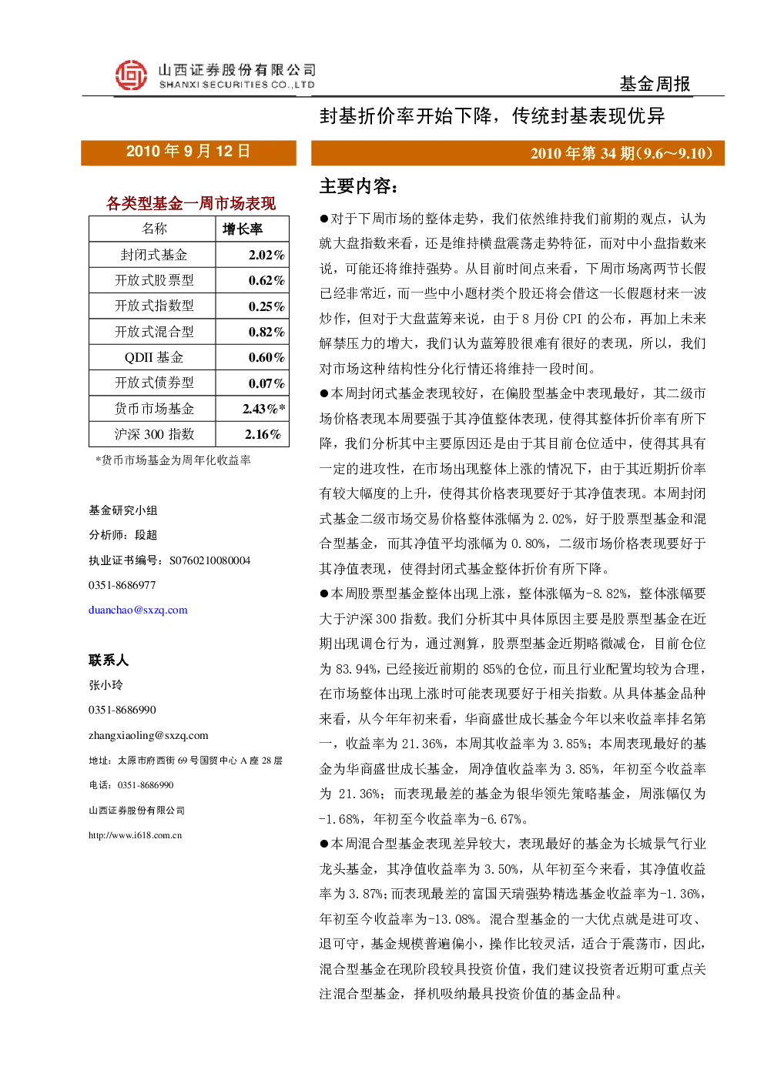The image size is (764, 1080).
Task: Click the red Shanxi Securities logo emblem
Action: pos(131,75)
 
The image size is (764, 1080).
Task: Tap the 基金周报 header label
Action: pos(655,84)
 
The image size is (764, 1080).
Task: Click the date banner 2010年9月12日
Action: pos(188,152)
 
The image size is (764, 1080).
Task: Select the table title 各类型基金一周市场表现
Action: pos(191,203)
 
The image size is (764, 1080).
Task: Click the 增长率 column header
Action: pos(243,229)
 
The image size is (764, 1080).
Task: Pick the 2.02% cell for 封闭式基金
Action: pos(266,255)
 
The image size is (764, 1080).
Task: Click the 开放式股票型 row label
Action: pos(154,280)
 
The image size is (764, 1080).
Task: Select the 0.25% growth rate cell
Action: pos(266,306)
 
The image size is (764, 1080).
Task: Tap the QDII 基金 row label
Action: pos(154,357)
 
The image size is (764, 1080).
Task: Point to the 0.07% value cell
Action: pos(266,383)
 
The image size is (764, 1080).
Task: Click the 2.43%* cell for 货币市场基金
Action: pos(264,409)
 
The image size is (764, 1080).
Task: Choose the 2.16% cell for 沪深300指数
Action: pos(263,434)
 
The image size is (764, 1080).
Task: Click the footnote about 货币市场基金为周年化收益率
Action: pos(173,460)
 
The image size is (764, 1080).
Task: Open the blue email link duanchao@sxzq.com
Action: pos(138,610)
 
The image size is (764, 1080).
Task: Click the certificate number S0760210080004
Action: pos(209,560)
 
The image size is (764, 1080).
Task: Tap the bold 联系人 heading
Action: pos(109,660)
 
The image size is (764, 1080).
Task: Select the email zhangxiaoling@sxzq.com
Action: pos(149,735)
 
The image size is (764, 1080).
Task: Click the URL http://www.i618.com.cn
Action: pos(135,835)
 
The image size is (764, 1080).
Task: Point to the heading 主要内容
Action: pos(359,186)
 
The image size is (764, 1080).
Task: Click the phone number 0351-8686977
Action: pos(122,585)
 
